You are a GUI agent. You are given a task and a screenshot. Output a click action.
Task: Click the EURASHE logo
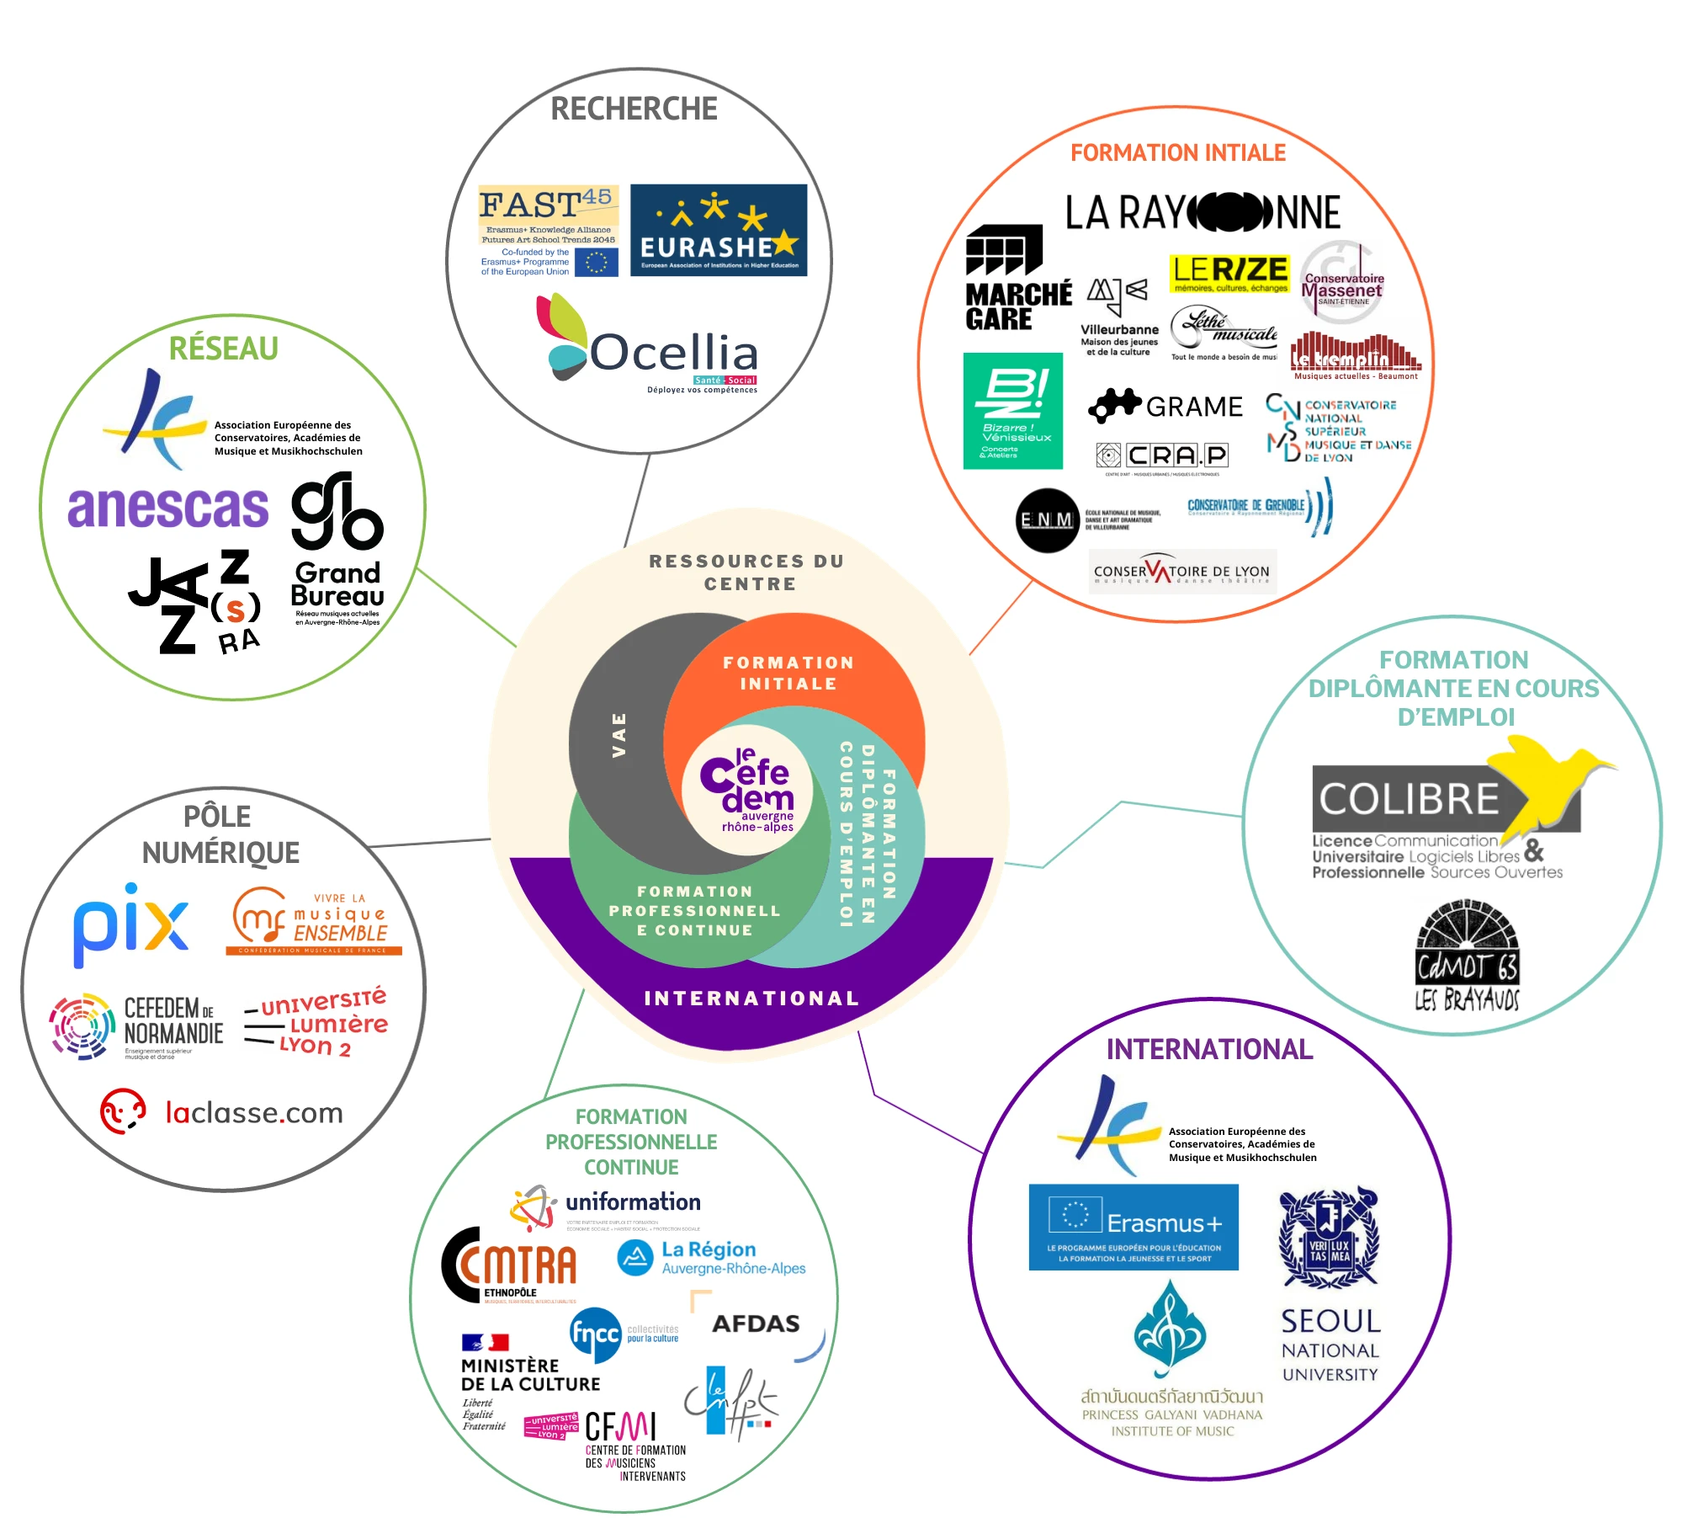[x=719, y=231]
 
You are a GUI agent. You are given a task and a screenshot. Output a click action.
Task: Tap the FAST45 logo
[x=549, y=231]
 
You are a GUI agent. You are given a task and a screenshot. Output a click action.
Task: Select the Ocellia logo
[x=649, y=346]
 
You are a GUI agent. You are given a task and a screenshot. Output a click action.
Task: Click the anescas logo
[x=168, y=507]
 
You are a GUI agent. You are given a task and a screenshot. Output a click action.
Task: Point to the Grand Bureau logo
[x=337, y=547]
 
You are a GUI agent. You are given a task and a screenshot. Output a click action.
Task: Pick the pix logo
[x=131, y=924]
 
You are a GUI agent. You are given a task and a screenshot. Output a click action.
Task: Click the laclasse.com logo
[x=222, y=1112]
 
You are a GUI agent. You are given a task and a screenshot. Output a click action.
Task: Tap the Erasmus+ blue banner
[x=1134, y=1227]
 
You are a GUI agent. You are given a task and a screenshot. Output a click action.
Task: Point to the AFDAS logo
[x=755, y=1324]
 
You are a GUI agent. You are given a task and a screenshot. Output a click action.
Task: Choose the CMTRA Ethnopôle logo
[x=511, y=1265]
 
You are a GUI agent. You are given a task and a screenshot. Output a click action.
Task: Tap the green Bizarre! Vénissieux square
[x=1013, y=411]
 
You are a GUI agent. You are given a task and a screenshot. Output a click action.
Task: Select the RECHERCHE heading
[x=634, y=109]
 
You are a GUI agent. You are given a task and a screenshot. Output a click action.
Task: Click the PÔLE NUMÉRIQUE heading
[x=220, y=834]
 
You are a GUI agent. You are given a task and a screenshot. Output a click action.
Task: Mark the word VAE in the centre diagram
[x=619, y=735]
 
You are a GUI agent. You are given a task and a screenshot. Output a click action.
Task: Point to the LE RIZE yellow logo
[x=1229, y=273]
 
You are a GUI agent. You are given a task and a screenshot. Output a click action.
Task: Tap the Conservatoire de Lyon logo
[x=1182, y=573]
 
